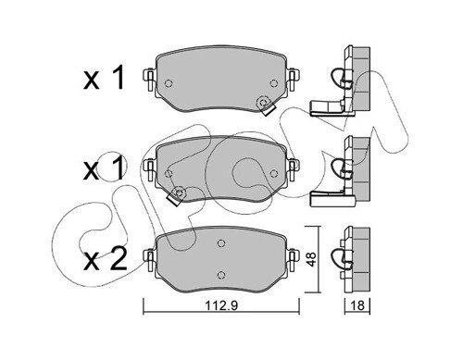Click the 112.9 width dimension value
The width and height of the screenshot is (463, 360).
click(221, 305)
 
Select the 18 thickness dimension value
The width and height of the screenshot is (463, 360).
click(357, 305)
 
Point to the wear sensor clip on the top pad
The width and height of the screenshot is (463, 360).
click(266, 106)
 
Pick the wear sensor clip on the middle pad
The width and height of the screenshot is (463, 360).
click(176, 196)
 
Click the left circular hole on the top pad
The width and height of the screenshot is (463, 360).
click(169, 83)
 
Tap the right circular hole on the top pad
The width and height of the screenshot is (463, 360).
click(273, 83)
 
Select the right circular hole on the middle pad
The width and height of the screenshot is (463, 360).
click(273, 174)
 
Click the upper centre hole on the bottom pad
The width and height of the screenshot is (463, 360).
click(220, 243)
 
